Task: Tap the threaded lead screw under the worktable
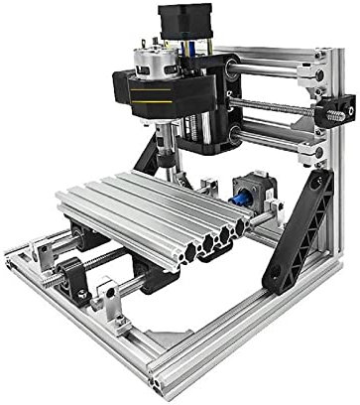104,260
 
